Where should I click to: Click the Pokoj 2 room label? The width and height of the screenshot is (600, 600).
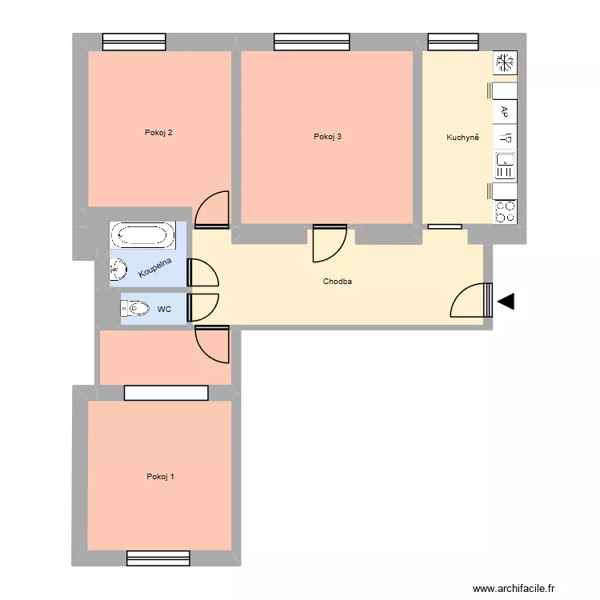[x=158, y=133]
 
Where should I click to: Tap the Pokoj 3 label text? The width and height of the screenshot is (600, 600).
[x=328, y=137]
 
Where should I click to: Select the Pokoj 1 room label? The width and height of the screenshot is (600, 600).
[x=161, y=477]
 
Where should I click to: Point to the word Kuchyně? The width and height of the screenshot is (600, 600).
[x=462, y=138]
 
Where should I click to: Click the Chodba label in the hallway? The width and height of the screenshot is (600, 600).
[x=338, y=282]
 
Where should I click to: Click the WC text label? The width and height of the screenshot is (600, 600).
[x=164, y=308]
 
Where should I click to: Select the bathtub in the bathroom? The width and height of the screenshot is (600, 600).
[x=142, y=234]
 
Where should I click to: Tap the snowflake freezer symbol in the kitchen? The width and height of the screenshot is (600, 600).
[x=505, y=62]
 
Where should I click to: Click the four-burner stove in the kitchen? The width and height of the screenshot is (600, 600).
[x=505, y=211]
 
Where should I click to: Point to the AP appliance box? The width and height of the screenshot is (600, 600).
[x=505, y=111]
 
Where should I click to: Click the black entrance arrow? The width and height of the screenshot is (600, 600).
[x=506, y=301]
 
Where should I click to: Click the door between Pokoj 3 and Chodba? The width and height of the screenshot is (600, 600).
[x=330, y=244]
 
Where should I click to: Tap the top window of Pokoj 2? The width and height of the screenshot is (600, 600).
[x=134, y=42]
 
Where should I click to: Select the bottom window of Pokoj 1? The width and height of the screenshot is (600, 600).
[x=158, y=558]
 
